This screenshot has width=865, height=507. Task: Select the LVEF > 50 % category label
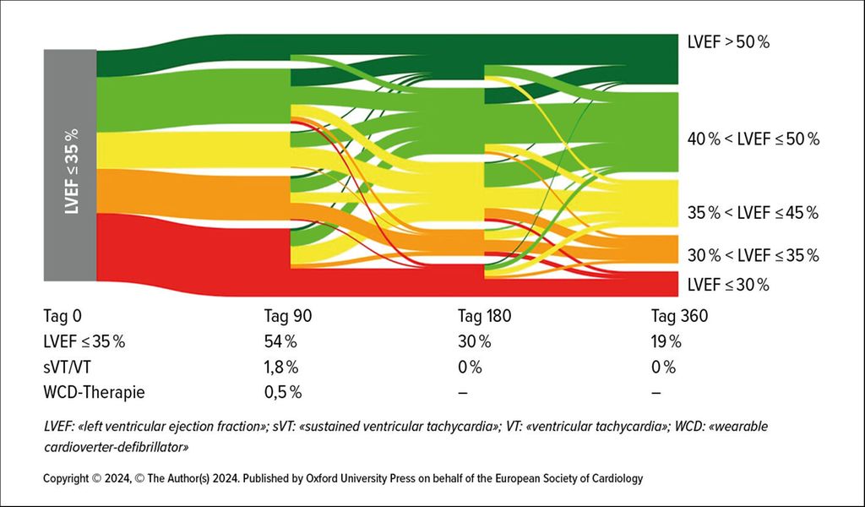click(729, 41)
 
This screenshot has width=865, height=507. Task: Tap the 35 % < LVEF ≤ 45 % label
click(753, 213)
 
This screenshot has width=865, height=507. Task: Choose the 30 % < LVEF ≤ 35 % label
click(753, 255)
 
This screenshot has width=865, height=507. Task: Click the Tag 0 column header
click(63, 317)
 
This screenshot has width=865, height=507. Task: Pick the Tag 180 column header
click(484, 317)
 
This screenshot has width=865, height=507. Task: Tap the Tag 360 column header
click(679, 317)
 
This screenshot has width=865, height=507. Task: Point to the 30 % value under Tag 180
click(474, 342)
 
